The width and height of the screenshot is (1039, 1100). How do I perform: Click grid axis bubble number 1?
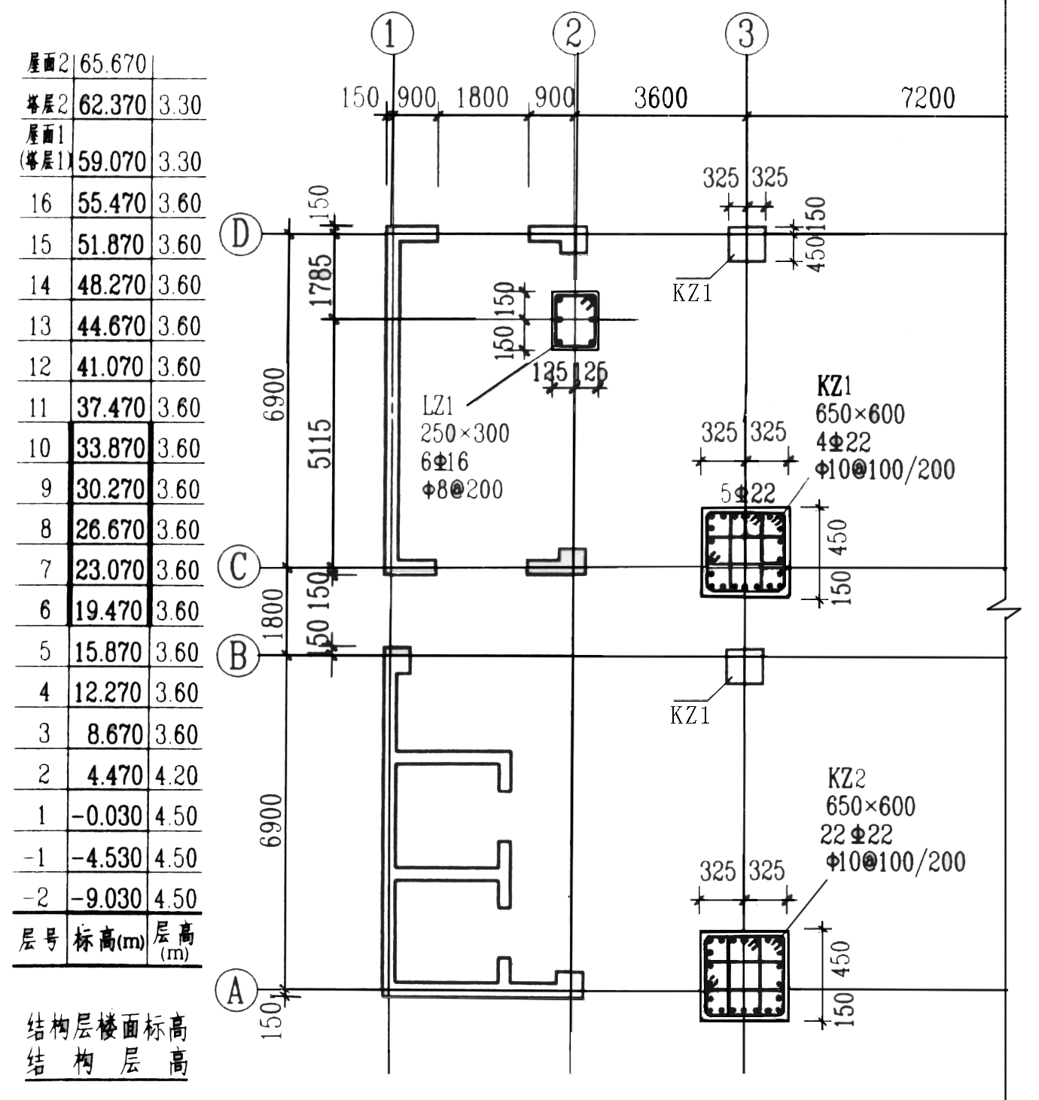[x=392, y=34]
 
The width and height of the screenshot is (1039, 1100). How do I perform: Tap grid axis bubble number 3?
[x=745, y=33]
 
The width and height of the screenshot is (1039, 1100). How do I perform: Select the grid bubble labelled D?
[x=239, y=234]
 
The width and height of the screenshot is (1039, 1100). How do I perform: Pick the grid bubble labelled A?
[x=236, y=991]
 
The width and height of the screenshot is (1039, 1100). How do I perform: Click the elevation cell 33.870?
[x=111, y=449]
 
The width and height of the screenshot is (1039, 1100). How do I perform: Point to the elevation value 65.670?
[x=112, y=63]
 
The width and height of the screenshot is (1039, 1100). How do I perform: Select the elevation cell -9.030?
[x=106, y=898]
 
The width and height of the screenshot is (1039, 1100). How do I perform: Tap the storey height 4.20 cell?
[x=177, y=775]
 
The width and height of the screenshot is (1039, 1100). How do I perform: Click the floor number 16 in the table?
[x=41, y=203]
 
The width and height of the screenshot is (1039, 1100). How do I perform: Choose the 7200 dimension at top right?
[x=928, y=98]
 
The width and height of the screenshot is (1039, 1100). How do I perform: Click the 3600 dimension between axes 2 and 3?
[x=660, y=98]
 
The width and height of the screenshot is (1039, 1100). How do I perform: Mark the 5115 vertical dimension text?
[x=321, y=443]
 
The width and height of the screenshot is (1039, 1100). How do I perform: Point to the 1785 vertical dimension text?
[x=321, y=279]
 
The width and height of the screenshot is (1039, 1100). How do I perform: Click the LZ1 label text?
[x=437, y=407]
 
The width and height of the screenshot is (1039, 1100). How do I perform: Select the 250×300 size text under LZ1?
[x=465, y=434]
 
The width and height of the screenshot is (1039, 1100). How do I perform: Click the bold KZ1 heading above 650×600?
[x=834, y=386]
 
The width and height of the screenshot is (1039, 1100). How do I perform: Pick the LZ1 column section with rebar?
[x=575, y=320]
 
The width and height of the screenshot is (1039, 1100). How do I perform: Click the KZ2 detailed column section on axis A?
[x=745, y=976]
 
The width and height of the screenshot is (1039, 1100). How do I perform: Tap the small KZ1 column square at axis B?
[x=745, y=666]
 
